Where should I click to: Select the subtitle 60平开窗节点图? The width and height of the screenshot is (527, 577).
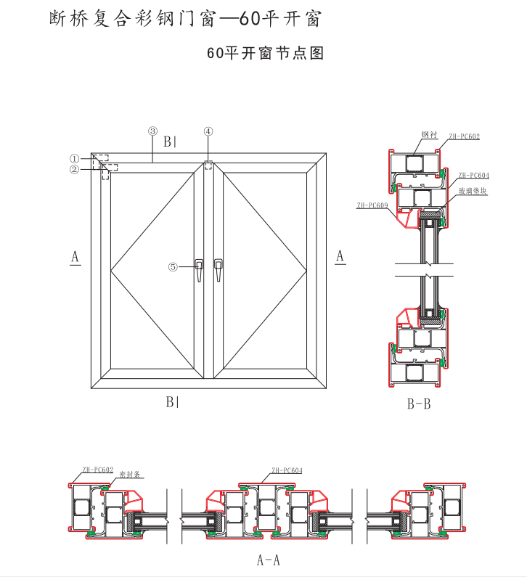pyautogui.click(x=264, y=52)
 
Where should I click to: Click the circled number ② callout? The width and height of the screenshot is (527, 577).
pyautogui.click(x=74, y=170)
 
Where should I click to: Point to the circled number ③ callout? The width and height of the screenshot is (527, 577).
pyautogui.click(x=152, y=131)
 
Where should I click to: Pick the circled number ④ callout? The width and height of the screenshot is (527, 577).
pyautogui.click(x=208, y=131)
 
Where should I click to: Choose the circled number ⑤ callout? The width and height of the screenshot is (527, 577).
pyautogui.click(x=173, y=266)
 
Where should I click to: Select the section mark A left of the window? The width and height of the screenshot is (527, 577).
pyautogui.click(x=75, y=256)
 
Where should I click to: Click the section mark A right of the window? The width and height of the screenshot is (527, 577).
pyautogui.click(x=340, y=256)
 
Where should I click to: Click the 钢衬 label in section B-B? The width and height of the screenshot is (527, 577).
pyautogui.click(x=428, y=134)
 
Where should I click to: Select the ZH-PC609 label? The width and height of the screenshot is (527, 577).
pyautogui.click(x=372, y=205)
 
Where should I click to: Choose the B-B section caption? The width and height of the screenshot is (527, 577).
pyautogui.click(x=419, y=404)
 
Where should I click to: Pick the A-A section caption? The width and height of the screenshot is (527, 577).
pyautogui.click(x=268, y=560)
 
